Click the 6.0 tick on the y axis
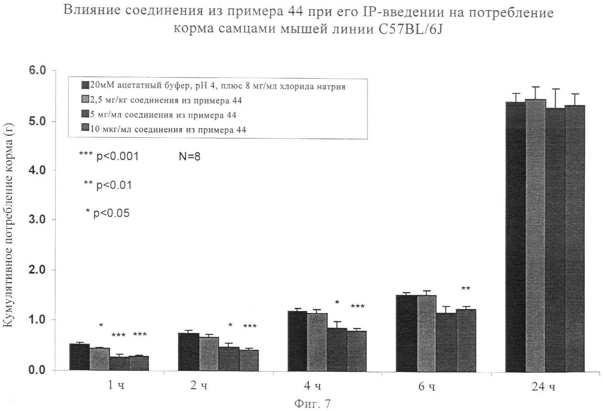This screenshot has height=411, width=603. click(37, 71)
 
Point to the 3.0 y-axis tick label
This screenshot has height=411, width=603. click(37, 220)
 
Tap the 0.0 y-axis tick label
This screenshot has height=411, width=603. click(37, 370)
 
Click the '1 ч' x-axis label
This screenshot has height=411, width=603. click(115, 386)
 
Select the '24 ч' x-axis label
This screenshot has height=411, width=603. click(544, 387)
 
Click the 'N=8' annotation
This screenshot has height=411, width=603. click(189, 157)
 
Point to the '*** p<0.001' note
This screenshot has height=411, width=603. click(108, 156)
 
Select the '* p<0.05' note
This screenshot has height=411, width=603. click(108, 213)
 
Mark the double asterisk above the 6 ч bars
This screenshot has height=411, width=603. click(466, 289)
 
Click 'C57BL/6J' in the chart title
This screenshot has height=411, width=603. click(408, 30)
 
